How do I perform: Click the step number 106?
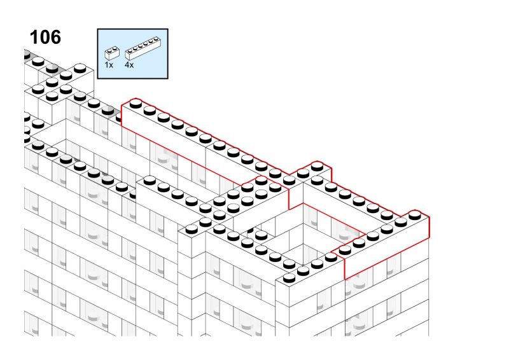click(x=45, y=37)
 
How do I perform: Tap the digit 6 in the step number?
click(x=55, y=37)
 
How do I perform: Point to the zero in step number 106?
click(x=45, y=37)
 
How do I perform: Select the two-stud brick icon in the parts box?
click(x=112, y=53)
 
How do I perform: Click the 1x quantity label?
click(x=109, y=65)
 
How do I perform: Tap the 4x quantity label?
click(x=129, y=65)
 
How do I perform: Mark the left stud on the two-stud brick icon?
click(x=109, y=50)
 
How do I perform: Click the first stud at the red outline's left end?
click(x=136, y=104)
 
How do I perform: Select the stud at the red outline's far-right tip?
click(x=415, y=214)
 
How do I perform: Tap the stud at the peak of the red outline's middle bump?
click(x=317, y=167)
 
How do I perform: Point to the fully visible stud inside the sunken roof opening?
click(x=261, y=235)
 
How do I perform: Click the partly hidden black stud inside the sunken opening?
click(x=250, y=230)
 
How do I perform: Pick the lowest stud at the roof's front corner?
click(x=289, y=278)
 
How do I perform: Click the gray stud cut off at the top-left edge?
click(x=27, y=55)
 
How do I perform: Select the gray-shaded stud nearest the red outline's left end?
click(x=108, y=111)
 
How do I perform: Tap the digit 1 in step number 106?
click(x=34, y=37)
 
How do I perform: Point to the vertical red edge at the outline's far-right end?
click(x=429, y=228)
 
